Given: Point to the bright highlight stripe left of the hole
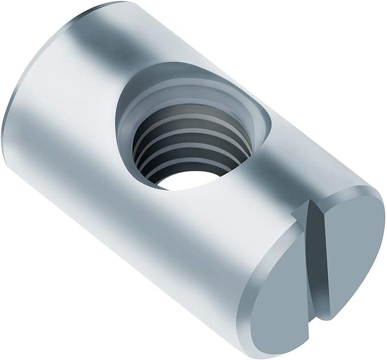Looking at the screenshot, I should pyautogui.click(x=85, y=114).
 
